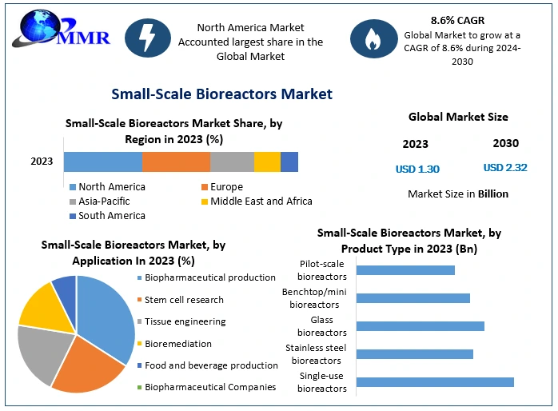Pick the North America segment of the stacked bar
[x=103, y=162]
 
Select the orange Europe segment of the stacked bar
[x=176, y=162]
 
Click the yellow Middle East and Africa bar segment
[x=267, y=162]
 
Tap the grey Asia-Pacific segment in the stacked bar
[x=232, y=162]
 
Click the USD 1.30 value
[x=417, y=169]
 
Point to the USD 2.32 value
[x=505, y=168]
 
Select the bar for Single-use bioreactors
[x=435, y=382]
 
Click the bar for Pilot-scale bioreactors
[x=405, y=270]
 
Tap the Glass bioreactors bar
[x=420, y=326]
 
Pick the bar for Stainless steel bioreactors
[x=415, y=354]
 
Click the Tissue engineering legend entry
[x=185, y=321]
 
